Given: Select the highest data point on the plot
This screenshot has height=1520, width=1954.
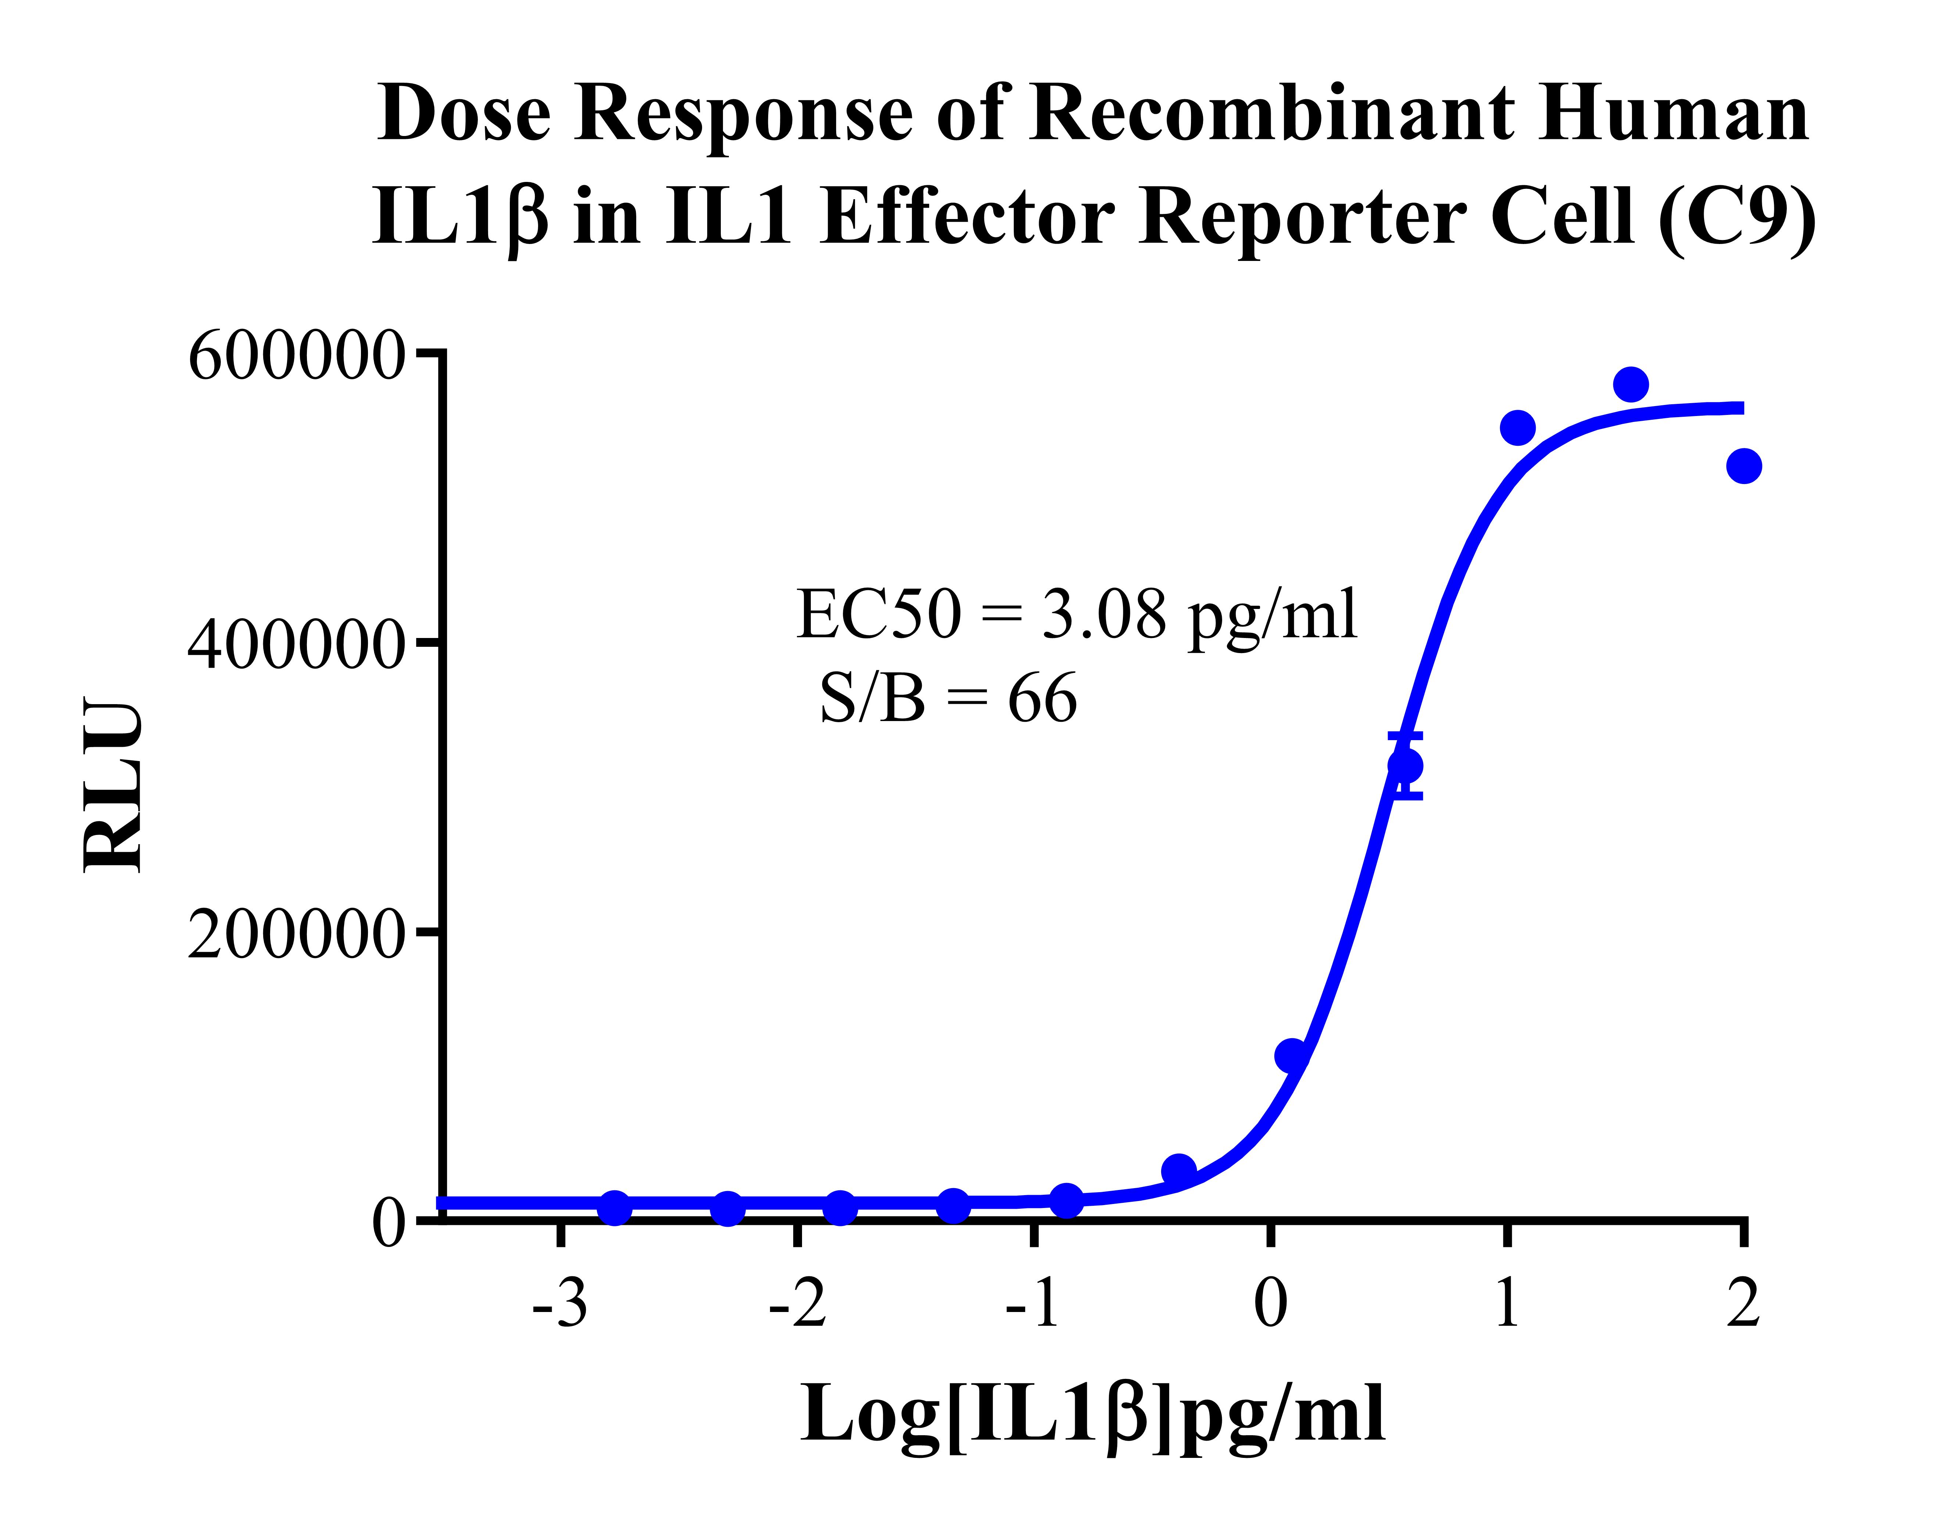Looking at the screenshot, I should pyautogui.click(x=1631, y=385).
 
